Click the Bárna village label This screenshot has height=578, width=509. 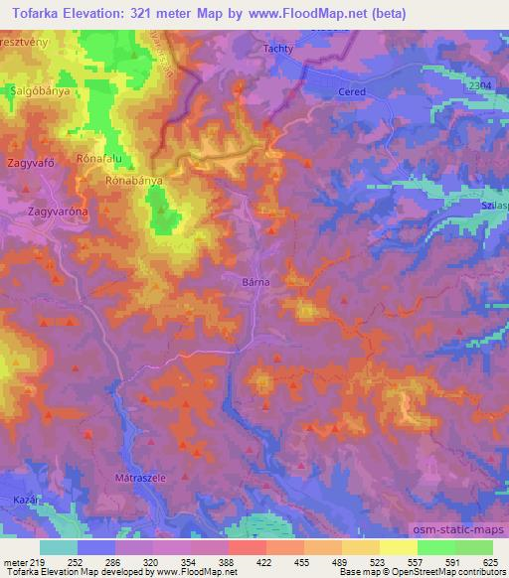point(255,282)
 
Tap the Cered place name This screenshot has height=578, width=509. point(353,91)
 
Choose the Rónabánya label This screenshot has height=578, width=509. point(133,183)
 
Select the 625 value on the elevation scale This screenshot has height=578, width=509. point(492,562)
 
